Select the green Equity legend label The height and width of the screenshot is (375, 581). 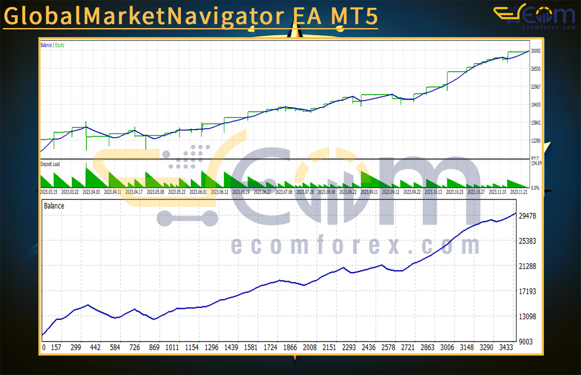pyautogui.click(x=60, y=45)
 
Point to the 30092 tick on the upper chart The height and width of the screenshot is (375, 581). pyautogui.click(x=536, y=51)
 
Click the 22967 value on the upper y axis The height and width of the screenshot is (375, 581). pyautogui.click(x=536, y=87)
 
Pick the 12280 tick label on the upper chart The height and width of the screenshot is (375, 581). pyautogui.click(x=536, y=141)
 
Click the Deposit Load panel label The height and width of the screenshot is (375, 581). pyautogui.click(x=50, y=164)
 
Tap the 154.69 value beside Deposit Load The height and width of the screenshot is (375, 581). pyautogui.click(x=537, y=163)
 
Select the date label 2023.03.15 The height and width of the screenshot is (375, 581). pyautogui.click(x=49, y=192)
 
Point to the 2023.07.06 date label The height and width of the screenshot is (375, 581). pyautogui.click(x=284, y=192)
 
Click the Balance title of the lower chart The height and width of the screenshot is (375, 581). pyautogui.click(x=54, y=206)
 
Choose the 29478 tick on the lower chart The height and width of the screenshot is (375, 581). pyautogui.click(x=527, y=216)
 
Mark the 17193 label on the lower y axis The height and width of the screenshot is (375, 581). pyautogui.click(x=527, y=291)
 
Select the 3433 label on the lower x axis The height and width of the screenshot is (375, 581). pyautogui.click(x=505, y=347)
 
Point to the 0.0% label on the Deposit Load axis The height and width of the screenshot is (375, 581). pyautogui.click(x=535, y=187)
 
